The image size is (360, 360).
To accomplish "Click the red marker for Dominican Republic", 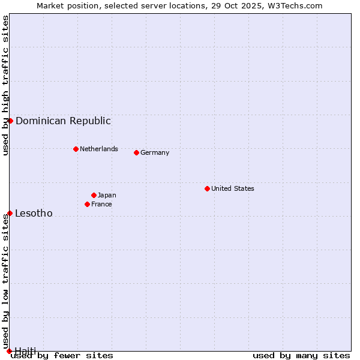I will point(10,121).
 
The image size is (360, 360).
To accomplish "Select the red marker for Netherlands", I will point(76,149).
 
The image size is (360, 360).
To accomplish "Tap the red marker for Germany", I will point(136,152).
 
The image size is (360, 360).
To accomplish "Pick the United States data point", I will point(207,188).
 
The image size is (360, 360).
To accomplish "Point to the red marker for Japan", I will point(94,195).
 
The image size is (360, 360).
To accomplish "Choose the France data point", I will point(87,204).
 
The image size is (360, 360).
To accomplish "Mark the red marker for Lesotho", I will point(10,213).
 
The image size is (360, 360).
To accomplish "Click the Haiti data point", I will point(9,351).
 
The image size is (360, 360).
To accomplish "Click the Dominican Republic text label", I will point(63,121).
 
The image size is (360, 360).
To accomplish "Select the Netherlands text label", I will point(99,149).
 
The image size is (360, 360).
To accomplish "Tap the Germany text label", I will point(155,152).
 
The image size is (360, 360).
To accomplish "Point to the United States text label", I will point(233,188).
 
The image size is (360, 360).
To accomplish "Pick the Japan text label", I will point(107,195).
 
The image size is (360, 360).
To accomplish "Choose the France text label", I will point(101,204).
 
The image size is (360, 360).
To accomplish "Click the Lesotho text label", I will point(34,213).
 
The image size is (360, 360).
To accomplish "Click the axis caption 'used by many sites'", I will point(301,355).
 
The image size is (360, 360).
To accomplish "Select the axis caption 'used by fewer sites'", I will point(62,355).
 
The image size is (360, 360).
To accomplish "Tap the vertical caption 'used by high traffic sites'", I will point(5,85).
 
